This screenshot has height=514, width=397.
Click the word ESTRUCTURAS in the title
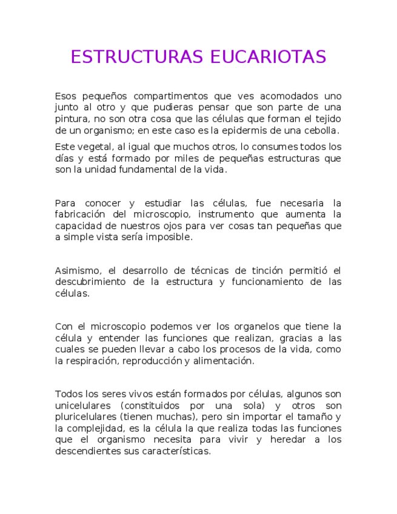[137, 57]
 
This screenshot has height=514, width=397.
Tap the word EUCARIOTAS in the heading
[269, 57]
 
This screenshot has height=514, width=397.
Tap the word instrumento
[225, 215]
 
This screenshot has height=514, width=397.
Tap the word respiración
[91, 361]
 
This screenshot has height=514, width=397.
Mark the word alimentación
[222, 361]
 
